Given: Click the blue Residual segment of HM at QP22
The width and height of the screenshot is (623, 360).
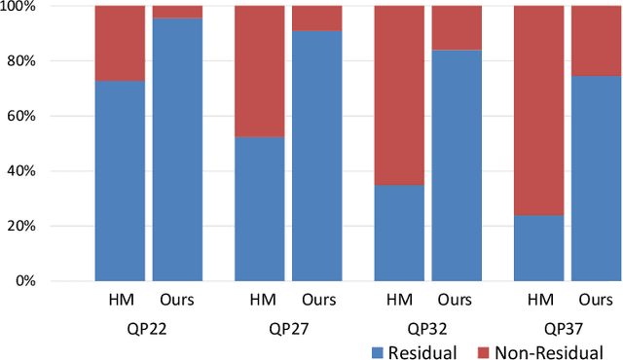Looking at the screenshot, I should pyautogui.click(x=120, y=181).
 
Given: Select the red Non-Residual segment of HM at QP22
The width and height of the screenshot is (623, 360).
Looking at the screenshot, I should pyautogui.click(x=120, y=43).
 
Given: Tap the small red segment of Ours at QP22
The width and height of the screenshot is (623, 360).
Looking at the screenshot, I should pyautogui.click(x=177, y=12).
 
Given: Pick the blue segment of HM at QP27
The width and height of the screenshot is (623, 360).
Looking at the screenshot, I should pyautogui.click(x=260, y=209).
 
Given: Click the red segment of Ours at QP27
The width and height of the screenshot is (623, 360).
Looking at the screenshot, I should pyautogui.click(x=316, y=18).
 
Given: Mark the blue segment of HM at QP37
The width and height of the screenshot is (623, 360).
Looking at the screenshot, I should pyautogui.click(x=539, y=248).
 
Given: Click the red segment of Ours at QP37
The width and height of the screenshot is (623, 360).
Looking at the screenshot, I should pyautogui.click(x=596, y=40).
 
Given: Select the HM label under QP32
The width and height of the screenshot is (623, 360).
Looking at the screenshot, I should pyautogui.click(x=399, y=301).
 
